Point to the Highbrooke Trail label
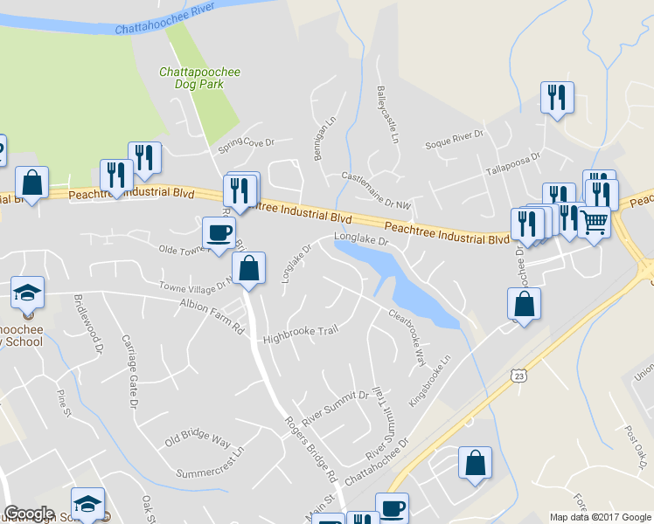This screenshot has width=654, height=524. pos(300,333)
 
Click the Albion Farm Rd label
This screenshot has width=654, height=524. pos(211,316)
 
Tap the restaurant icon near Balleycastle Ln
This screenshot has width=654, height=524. pos(557,98)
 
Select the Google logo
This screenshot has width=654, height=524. pos(29,514)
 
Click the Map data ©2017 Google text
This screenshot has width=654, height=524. pos(600,517)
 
